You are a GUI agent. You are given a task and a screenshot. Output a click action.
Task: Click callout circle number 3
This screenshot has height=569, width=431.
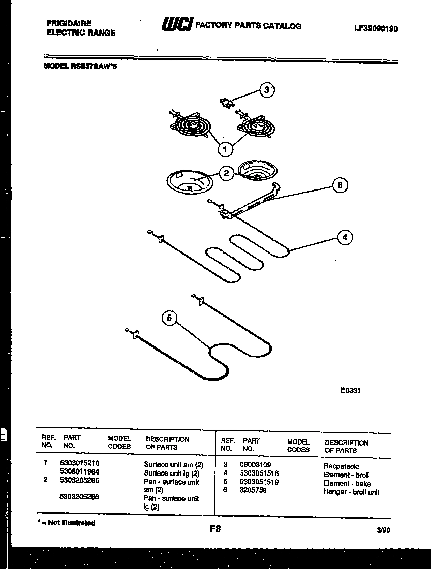tap(265, 90)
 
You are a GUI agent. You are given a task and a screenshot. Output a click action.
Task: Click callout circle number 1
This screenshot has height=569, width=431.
tap(225, 149)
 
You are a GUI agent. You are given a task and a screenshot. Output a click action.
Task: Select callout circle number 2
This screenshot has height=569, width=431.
tap(227, 173)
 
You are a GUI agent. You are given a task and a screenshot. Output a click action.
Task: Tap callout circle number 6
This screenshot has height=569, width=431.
tap(340, 185)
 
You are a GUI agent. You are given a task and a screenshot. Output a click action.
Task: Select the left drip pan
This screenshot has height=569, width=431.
tap(189, 181)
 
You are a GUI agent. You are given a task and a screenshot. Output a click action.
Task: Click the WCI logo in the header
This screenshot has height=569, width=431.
tap(177, 25)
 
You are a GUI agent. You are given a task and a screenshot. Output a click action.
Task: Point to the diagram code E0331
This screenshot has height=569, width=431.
tap(350, 391)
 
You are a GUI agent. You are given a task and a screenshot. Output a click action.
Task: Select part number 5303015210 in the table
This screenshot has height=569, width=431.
tap(79, 463)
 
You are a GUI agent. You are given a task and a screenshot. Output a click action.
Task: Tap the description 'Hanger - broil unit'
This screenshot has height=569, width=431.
tap(351, 492)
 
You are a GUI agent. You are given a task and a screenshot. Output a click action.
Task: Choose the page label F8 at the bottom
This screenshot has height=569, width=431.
tap(215, 529)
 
